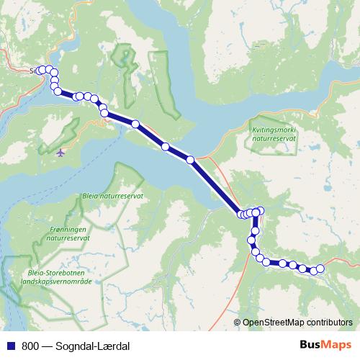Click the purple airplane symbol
[x=60, y=152]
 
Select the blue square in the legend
[x=9, y=344]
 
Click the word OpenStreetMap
[x=271, y=323]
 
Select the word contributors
[x=328, y=323]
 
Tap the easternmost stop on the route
[x=320, y=269]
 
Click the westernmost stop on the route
[x=40, y=70]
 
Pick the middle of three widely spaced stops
[x=166, y=147]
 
